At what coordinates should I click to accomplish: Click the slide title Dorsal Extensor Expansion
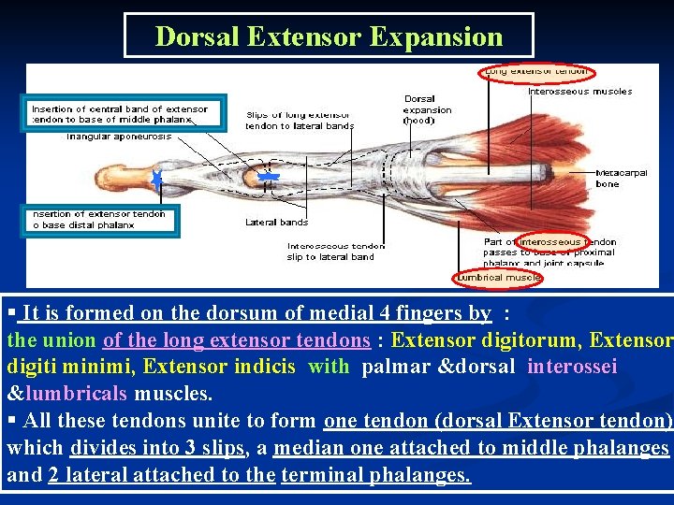(x=329, y=36)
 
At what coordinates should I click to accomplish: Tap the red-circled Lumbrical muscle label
(x=498, y=277)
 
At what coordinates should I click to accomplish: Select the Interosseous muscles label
(x=579, y=92)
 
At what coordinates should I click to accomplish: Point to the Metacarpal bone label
(x=620, y=179)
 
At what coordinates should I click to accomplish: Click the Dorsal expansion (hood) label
(x=428, y=109)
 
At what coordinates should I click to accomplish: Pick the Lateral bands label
(x=276, y=223)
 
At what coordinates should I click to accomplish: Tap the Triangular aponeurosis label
(x=119, y=137)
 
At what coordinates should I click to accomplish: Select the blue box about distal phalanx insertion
(x=101, y=220)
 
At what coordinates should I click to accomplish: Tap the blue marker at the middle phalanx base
(x=269, y=176)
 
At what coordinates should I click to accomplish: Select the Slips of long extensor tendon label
(x=300, y=120)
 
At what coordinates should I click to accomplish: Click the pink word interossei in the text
(x=572, y=367)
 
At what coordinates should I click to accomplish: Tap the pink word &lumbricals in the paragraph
(x=68, y=394)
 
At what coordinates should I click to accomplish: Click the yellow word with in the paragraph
(x=328, y=367)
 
